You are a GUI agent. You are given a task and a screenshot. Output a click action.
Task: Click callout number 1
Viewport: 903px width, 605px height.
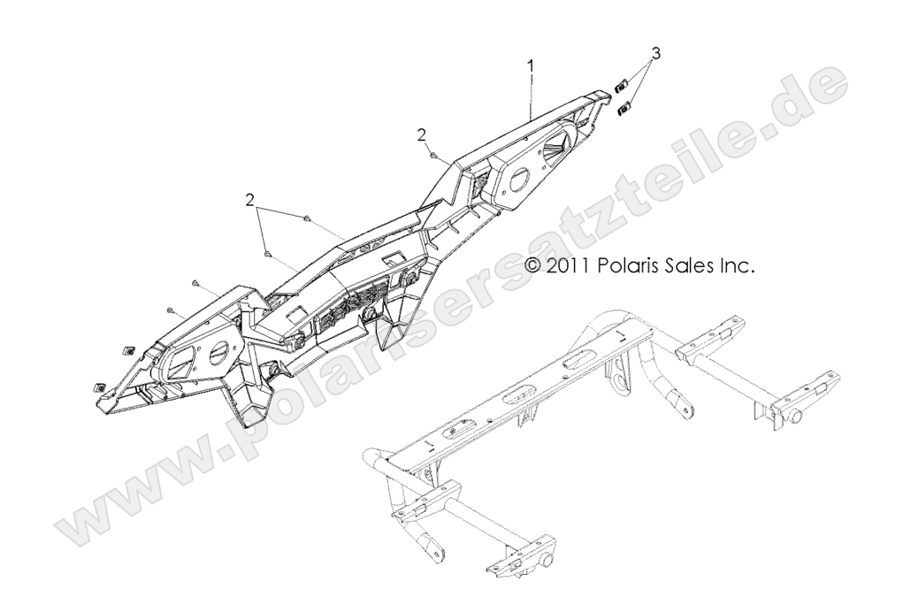[531, 64]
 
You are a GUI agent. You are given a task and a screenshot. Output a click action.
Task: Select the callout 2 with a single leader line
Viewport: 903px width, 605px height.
[422, 134]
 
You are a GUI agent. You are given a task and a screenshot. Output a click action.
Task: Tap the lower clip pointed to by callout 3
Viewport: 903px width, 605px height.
[624, 108]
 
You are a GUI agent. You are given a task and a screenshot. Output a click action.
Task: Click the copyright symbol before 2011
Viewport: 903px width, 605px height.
[532, 265]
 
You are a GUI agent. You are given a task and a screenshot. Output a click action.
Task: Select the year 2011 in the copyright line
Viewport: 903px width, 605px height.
[567, 265]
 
